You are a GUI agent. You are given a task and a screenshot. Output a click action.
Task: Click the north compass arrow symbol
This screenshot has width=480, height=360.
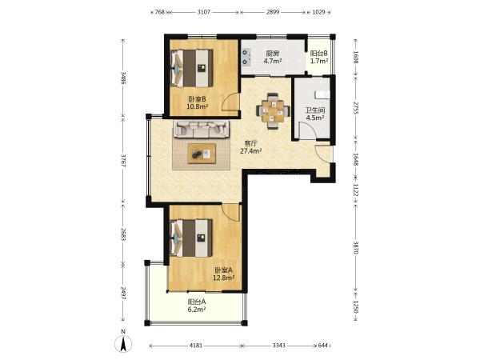[123, 343]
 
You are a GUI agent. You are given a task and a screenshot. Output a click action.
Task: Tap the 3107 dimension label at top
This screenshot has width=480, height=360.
[204, 12]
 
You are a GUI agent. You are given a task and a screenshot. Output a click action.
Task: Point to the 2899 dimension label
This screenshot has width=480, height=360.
[273, 12]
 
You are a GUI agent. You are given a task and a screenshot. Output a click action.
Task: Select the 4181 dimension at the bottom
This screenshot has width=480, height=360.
[196, 346]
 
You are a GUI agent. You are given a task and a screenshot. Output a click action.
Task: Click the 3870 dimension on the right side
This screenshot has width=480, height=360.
[356, 248]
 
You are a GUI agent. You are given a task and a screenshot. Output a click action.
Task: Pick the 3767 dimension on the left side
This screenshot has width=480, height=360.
[123, 161]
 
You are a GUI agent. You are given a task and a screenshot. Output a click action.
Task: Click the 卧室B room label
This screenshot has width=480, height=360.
[197, 99]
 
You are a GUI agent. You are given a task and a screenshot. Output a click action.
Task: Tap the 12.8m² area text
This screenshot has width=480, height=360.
[224, 278]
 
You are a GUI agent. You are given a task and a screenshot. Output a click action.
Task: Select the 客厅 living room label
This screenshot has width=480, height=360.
[250, 143]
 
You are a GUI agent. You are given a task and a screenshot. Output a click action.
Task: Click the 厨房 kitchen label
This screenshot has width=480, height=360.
[273, 54]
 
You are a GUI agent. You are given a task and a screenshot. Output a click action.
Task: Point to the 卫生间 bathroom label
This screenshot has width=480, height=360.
[315, 110]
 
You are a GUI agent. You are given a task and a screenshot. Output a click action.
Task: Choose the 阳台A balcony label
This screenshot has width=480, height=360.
[197, 302]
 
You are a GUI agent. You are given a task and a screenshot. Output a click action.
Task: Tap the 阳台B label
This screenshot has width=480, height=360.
[319, 54]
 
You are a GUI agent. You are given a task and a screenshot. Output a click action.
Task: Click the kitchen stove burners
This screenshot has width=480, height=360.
[246, 58]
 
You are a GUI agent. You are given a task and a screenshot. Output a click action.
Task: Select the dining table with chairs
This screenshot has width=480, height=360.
[273, 111]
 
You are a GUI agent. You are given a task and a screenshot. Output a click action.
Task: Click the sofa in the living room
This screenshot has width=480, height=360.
[201, 129]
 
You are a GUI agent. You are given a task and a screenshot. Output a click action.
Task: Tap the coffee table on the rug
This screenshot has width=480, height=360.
[202, 154]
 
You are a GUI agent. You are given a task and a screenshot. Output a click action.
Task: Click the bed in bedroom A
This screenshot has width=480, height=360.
[191, 238]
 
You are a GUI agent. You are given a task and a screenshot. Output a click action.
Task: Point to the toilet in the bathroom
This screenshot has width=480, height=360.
[322, 94]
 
